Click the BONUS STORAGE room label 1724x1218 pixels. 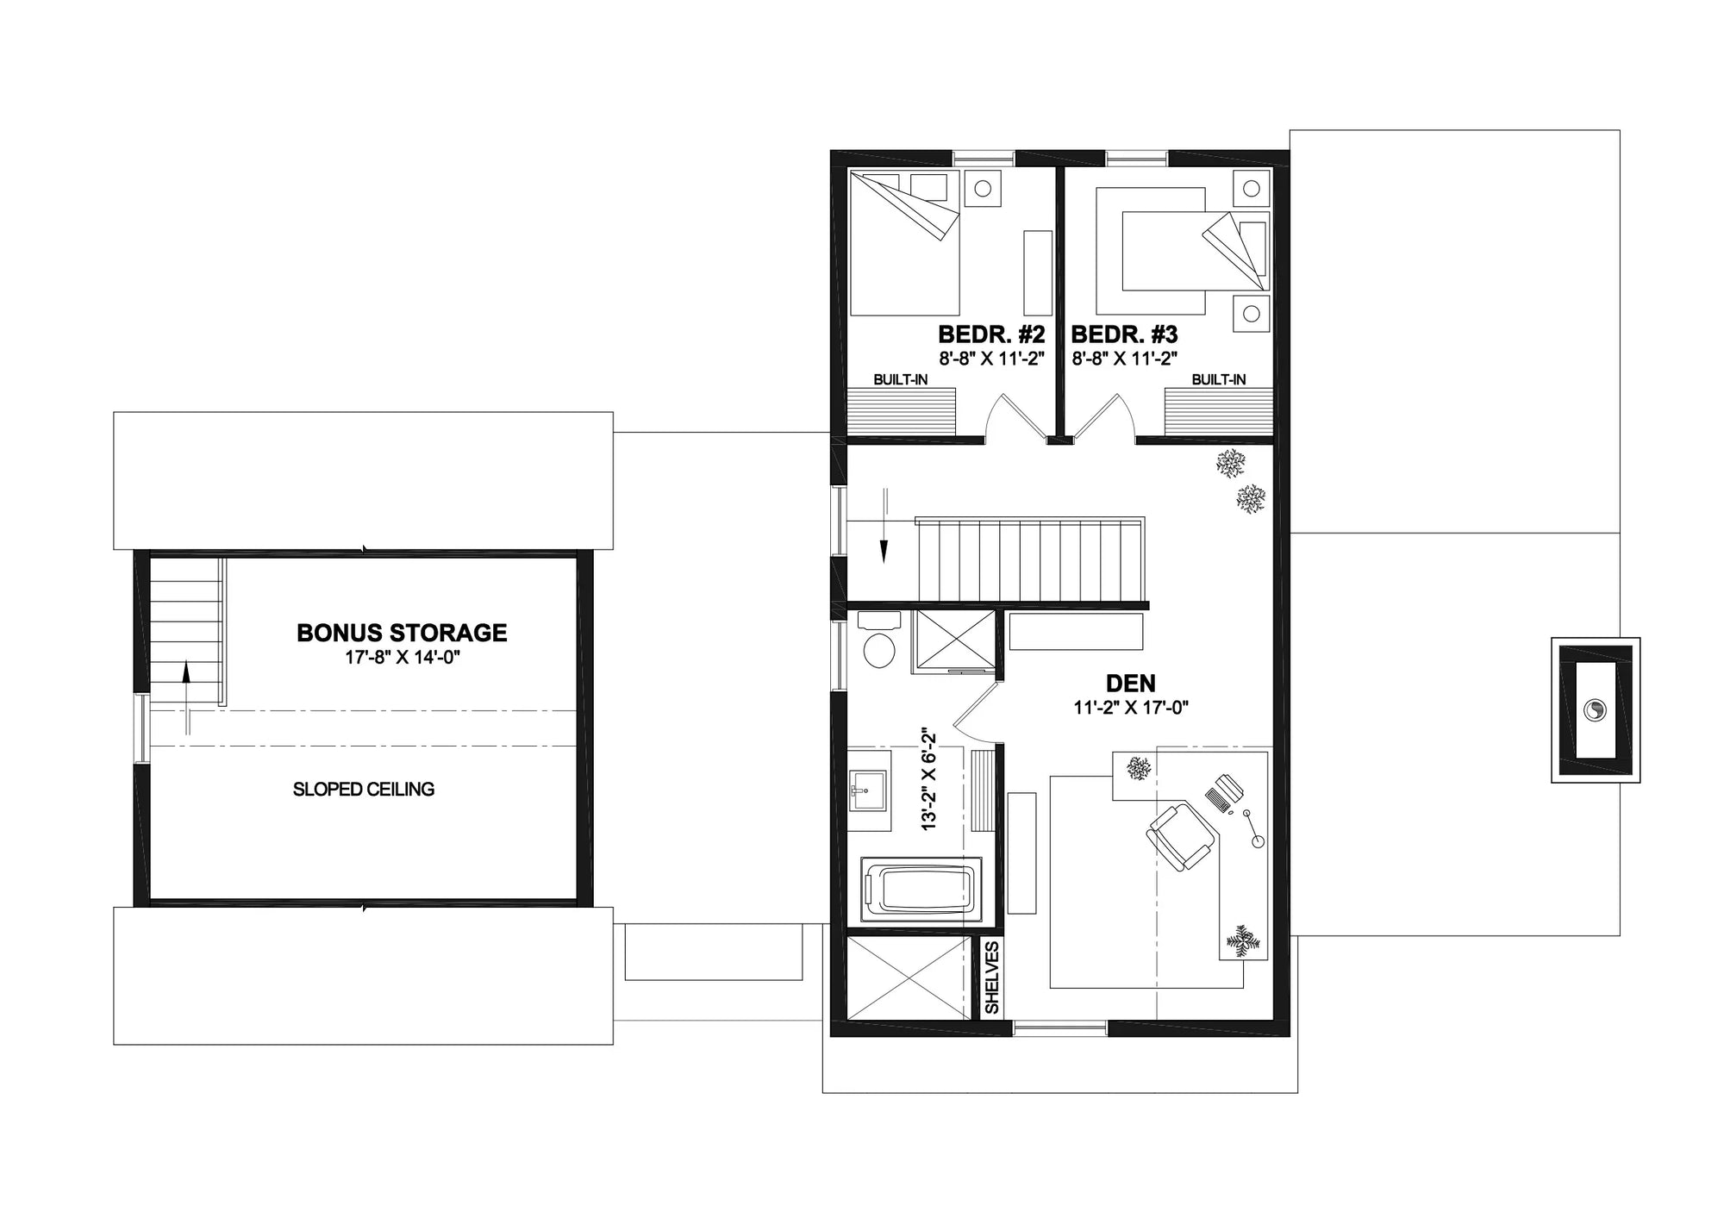click(x=402, y=633)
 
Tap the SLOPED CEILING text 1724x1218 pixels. click(x=363, y=789)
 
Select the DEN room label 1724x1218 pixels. click(x=1130, y=684)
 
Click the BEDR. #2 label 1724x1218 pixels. click(x=991, y=334)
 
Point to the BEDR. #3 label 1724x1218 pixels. click(x=1124, y=334)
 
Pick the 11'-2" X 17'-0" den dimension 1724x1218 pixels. click(x=1130, y=708)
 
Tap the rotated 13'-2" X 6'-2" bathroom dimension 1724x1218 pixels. click(x=928, y=778)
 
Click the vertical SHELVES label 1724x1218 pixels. click(x=992, y=978)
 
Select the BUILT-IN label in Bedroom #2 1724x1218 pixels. click(x=900, y=379)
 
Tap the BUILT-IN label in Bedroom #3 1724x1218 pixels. click(x=1218, y=379)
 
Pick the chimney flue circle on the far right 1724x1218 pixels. click(x=1595, y=710)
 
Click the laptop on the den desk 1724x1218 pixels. click(x=1224, y=792)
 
